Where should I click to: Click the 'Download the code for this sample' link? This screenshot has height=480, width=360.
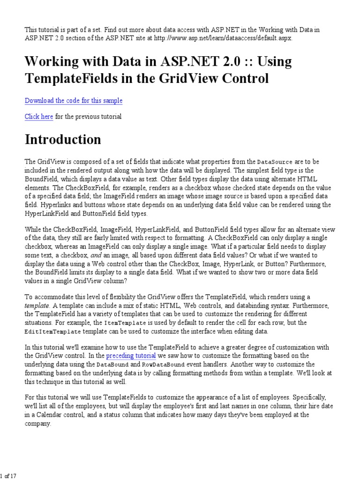coord(74,101)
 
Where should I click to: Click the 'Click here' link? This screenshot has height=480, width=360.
coord(39,117)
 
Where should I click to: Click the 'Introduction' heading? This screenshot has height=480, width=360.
coord(63,139)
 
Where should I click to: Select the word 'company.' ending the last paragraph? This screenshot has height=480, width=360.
coord(38,423)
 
